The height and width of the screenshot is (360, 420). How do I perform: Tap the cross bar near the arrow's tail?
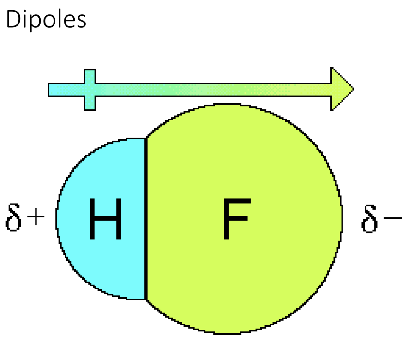[90, 90]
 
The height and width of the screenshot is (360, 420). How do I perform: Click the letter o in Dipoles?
[49, 21]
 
